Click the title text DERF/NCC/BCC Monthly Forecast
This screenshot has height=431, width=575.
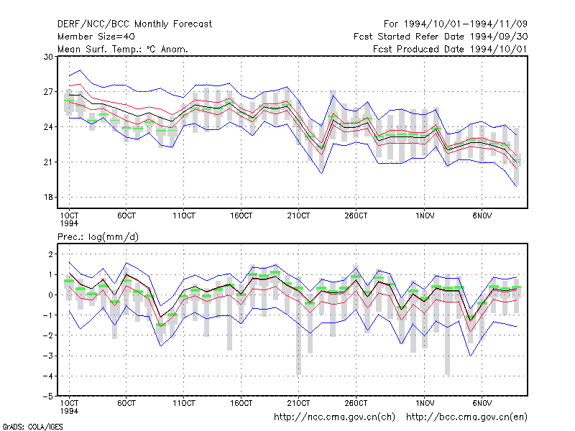[x=134, y=24]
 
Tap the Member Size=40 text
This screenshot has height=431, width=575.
[x=96, y=37]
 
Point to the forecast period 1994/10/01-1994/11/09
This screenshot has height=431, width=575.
[x=456, y=24]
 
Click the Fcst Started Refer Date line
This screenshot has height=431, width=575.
[x=441, y=37]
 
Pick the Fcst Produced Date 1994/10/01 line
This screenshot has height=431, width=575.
[x=451, y=49]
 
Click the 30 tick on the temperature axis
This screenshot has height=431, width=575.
[x=48, y=57]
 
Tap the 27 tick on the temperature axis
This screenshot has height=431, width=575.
[x=48, y=92]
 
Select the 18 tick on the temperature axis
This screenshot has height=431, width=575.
[x=48, y=197]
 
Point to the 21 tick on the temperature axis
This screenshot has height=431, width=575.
[x=48, y=162]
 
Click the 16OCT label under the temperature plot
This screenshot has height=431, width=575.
[x=241, y=216]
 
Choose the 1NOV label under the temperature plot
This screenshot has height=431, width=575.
[x=425, y=216]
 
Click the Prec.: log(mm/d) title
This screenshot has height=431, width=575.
[x=98, y=237]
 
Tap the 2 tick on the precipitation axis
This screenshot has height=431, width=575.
[x=50, y=254]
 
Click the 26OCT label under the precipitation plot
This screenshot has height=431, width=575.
[x=356, y=404]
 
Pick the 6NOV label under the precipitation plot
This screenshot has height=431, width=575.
[x=482, y=404]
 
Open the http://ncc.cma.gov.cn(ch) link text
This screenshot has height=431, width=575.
[x=334, y=417]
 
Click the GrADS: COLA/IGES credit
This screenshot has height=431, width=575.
[x=32, y=427]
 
